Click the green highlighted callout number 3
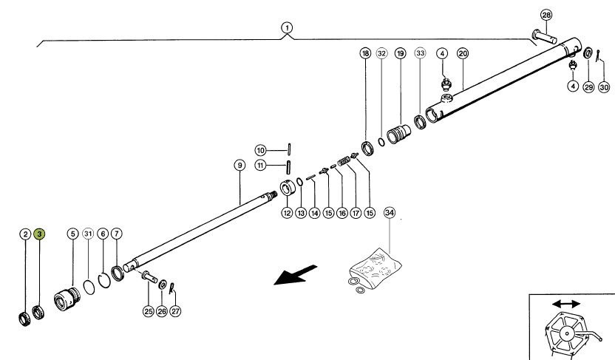(39, 234)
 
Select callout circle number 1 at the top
(286, 27)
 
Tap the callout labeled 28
(546, 16)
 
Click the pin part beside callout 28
(543, 34)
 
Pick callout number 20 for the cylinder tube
(463, 53)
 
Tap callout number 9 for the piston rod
(239, 166)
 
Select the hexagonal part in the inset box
(566, 333)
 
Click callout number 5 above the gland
(72, 234)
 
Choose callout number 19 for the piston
(400, 53)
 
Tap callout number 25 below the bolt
(148, 311)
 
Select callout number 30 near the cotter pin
(604, 87)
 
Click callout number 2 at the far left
(25, 234)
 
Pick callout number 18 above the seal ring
(364, 53)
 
